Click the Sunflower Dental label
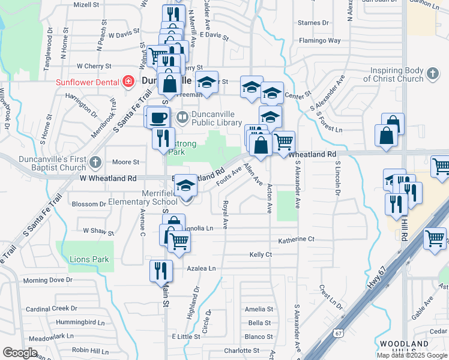[x=88, y=82]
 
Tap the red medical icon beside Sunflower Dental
[x=128, y=82]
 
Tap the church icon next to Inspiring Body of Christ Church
[x=432, y=74]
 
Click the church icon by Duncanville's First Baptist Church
[x=95, y=162]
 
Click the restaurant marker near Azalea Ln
[x=161, y=271]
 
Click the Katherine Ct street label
[x=296, y=239]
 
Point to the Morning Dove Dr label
[x=48, y=280]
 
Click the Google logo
[x=20, y=353]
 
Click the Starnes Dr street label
[x=313, y=23]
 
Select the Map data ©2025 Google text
[x=412, y=355]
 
